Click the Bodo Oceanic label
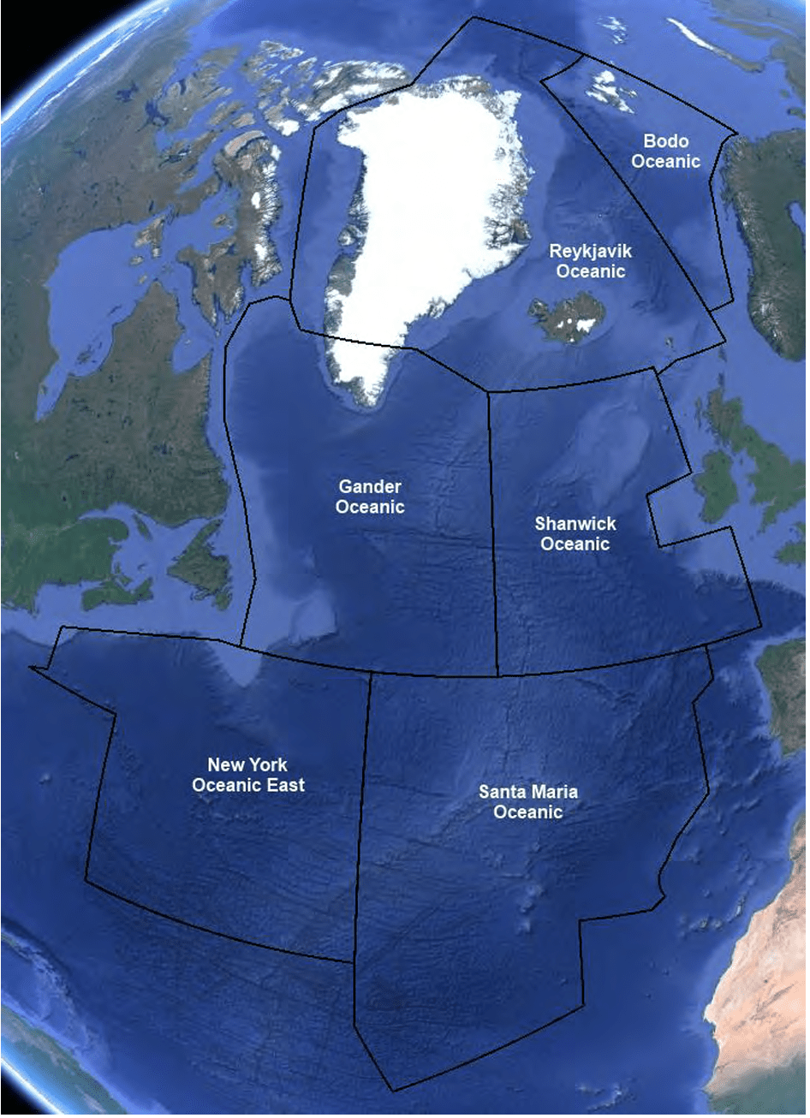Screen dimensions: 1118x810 click(666, 152)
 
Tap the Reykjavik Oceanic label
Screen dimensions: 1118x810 click(590, 261)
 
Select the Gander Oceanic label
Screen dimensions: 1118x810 click(370, 497)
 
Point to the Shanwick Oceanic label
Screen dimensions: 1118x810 click(575, 533)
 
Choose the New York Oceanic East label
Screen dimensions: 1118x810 click(247, 775)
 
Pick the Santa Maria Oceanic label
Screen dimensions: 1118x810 click(527, 801)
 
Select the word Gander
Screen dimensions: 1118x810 click(370, 487)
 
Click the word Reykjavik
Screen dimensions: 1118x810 click(590, 252)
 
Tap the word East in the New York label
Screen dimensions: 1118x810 click(283, 785)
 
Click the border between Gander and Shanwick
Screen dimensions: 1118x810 click(492, 531)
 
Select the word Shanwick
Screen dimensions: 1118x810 click(575, 524)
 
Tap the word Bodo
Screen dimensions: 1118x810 click(666, 141)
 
